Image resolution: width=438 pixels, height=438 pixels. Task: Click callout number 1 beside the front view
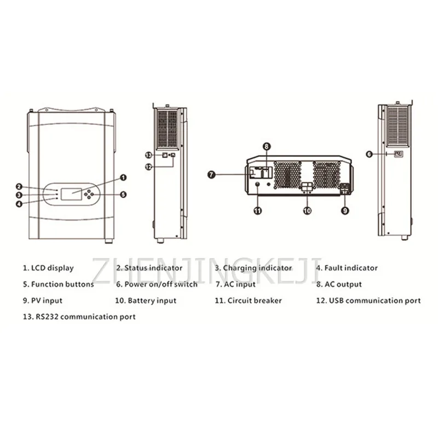123,177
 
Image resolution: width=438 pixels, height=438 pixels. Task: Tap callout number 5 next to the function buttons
123,194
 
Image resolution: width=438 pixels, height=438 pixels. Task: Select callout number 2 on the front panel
19,187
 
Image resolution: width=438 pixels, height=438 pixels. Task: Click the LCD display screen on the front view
71,194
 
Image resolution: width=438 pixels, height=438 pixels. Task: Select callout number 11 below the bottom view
258,210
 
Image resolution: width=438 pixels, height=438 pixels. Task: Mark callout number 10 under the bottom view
307,210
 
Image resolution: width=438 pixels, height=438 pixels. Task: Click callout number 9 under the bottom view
345,210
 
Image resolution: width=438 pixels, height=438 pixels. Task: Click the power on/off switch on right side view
398,154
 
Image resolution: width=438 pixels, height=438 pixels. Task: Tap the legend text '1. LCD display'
48,268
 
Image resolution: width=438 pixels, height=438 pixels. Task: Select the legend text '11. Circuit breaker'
248,301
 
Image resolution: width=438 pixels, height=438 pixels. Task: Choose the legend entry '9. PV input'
42,301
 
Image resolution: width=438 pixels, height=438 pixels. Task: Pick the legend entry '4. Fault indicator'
347,268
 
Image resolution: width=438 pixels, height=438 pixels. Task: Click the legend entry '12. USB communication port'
368,301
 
